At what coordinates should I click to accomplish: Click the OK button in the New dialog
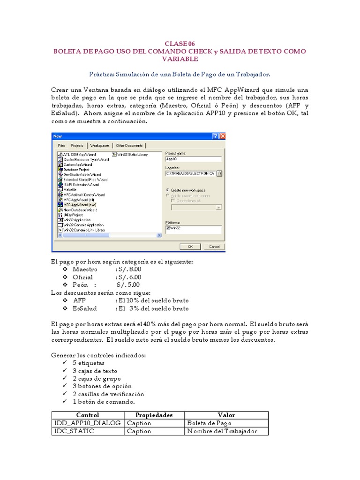click(x=190, y=247)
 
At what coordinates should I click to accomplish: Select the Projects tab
click(x=77, y=145)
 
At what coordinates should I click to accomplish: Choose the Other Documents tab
click(x=129, y=145)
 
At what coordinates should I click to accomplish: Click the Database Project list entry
click(x=77, y=169)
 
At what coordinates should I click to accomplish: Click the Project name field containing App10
click(x=193, y=159)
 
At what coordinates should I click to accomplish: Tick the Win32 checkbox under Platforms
click(x=168, y=228)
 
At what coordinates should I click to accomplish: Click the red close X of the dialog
click(x=222, y=136)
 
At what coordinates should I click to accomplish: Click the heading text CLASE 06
click(x=180, y=44)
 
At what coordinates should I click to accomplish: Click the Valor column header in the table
click(x=226, y=415)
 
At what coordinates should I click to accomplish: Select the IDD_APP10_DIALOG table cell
click(x=87, y=423)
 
